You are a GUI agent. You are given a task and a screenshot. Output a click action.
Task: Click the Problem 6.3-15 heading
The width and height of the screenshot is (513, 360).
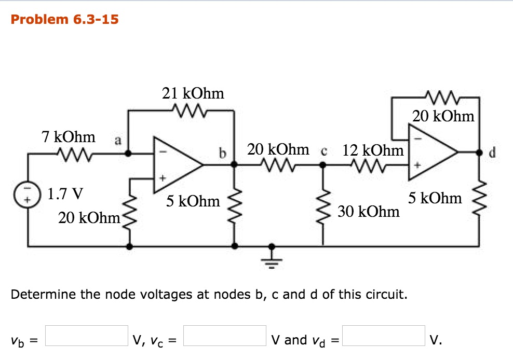64,20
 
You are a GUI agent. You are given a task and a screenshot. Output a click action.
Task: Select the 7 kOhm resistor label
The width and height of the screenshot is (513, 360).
69,137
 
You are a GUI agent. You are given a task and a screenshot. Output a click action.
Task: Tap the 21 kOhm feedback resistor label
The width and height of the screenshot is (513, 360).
193,93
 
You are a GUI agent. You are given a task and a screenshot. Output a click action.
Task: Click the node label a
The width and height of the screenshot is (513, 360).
118,140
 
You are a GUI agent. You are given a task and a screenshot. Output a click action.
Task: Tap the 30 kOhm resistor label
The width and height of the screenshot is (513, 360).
369,211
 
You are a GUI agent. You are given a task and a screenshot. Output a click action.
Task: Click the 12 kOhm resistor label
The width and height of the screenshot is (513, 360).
373,150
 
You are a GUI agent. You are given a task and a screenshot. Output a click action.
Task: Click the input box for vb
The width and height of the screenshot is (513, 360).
87,336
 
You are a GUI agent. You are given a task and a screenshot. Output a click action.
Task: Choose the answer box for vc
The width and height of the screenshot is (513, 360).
225,336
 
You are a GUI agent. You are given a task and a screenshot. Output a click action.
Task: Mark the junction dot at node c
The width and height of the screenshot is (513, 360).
322,165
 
